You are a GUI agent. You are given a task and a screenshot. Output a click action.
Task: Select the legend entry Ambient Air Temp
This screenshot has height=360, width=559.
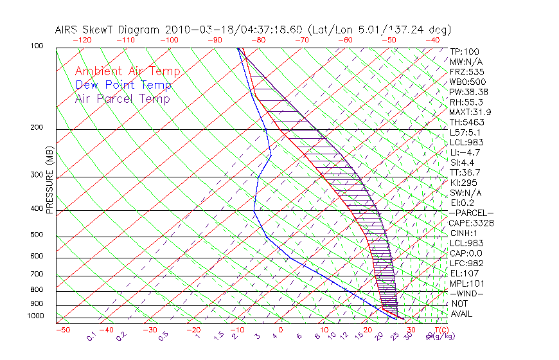(127, 71)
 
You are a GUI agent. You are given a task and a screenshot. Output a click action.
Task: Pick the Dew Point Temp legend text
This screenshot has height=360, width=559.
(123, 85)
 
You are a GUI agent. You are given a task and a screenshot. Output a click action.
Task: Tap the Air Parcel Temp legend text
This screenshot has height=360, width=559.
(122, 98)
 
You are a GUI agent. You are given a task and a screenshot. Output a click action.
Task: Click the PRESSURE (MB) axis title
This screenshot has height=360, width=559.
(50, 184)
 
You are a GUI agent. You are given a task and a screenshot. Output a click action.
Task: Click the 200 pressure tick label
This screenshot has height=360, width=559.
(38, 128)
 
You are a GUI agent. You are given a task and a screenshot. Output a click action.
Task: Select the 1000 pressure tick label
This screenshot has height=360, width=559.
(36, 316)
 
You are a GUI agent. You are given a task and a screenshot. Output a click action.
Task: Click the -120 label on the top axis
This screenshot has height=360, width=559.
(82, 40)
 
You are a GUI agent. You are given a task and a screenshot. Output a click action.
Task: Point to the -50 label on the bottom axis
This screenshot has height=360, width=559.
(62, 330)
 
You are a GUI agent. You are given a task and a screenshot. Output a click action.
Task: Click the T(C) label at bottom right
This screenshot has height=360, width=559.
(437, 330)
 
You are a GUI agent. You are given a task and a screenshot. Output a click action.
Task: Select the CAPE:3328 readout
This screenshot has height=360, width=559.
(471, 223)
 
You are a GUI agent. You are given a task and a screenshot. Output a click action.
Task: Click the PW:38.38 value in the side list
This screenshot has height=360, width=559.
(468, 92)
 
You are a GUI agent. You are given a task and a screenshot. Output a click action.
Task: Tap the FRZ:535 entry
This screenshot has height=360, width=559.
(466, 72)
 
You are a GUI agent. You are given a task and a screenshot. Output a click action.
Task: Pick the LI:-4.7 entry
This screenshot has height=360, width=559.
(465, 152)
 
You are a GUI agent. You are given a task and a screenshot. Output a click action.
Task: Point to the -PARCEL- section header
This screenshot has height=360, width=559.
(471, 213)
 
